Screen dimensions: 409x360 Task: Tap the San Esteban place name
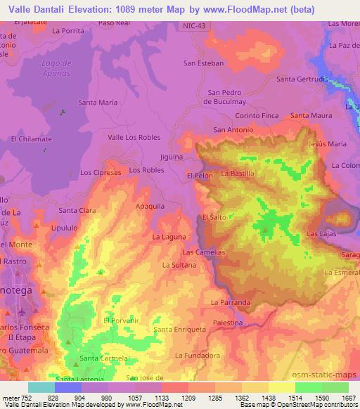[x=203, y=63]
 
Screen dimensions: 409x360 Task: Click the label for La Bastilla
[x=238, y=173]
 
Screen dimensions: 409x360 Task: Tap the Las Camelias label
[x=203, y=252]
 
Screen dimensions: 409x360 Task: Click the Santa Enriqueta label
[x=179, y=329]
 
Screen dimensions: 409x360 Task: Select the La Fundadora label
[x=196, y=355]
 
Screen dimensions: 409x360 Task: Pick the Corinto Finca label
[x=257, y=115]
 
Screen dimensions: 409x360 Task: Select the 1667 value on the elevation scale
[x=348, y=397]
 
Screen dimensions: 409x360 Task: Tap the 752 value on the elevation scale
[x=29, y=397]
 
